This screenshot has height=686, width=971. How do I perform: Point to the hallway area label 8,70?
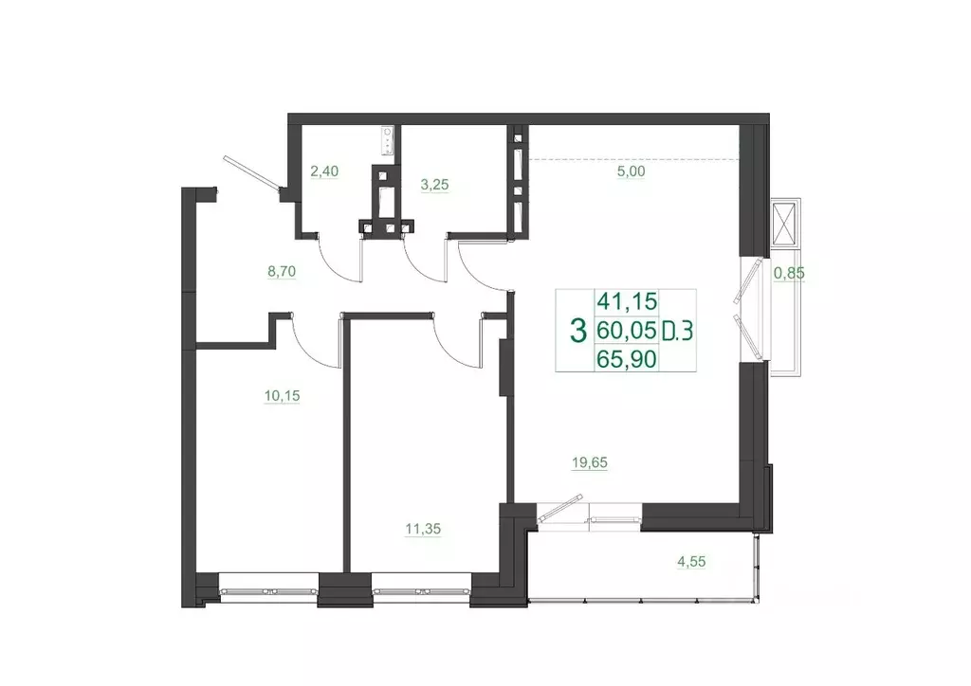(284, 271)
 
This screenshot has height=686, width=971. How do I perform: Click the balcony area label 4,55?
(690, 561)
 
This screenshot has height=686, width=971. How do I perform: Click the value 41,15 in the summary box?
(626, 302)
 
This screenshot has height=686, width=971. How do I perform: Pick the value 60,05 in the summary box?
(626, 331)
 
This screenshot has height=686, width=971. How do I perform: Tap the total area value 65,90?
(626, 358)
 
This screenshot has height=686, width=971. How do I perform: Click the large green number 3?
(576, 331)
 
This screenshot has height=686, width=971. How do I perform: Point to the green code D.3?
(677, 331)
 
